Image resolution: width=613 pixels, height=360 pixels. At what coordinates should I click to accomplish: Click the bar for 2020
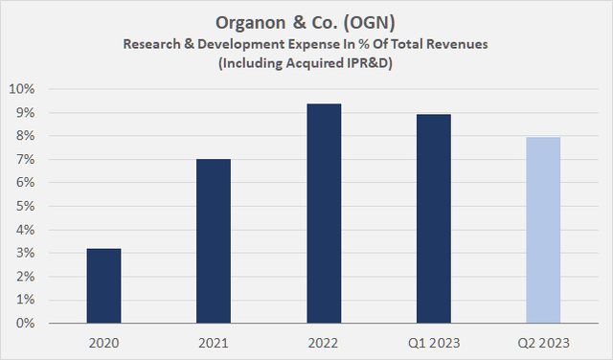click(x=103, y=286)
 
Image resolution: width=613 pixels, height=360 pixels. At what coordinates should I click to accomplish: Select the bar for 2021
click(x=214, y=241)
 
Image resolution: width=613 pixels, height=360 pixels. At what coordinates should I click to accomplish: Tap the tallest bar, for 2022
click(x=324, y=214)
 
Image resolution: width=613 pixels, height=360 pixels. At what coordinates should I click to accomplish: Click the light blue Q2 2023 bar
click(x=543, y=230)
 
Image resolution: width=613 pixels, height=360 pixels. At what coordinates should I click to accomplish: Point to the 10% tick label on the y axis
click(x=23, y=89)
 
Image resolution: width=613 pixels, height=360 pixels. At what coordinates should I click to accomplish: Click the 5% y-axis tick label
click(x=26, y=207)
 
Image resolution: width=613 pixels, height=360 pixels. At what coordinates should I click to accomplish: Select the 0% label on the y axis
click(x=26, y=324)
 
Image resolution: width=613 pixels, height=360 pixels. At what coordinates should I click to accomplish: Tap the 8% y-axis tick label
click(x=26, y=136)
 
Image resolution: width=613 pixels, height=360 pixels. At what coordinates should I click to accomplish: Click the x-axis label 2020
click(x=103, y=342)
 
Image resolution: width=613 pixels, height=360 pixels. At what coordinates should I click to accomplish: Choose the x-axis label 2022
click(x=324, y=342)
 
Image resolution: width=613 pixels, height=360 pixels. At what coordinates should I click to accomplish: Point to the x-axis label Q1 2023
click(x=434, y=342)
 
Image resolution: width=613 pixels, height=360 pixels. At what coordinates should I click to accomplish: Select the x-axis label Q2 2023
click(x=543, y=342)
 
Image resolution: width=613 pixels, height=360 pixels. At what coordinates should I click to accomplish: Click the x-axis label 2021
click(x=214, y=342)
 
